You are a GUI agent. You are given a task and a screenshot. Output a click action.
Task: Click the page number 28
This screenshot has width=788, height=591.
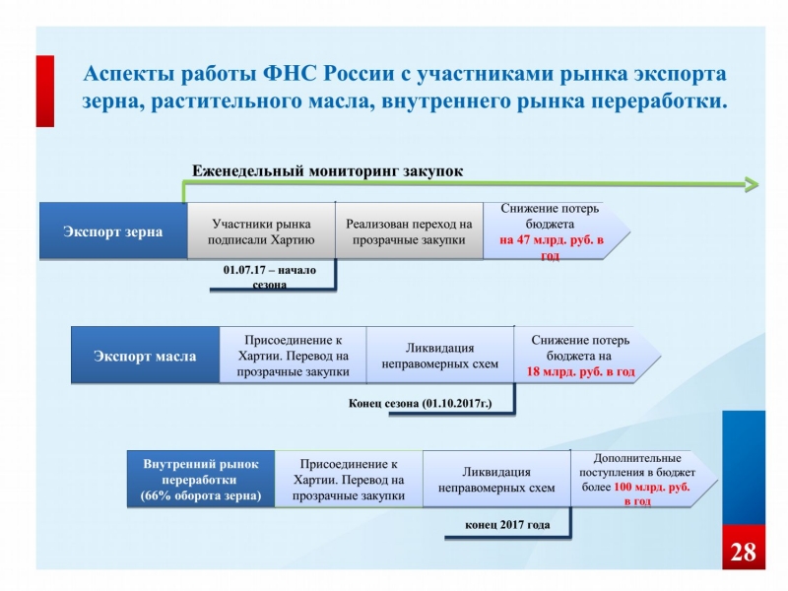coord(744,552)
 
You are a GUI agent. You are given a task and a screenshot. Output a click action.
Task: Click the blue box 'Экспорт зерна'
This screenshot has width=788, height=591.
coord(113,231)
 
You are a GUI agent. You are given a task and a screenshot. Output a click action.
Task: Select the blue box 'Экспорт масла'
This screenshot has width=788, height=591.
coord(145,357)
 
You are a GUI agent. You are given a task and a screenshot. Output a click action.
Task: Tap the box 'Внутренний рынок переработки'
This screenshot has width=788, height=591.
coord(201,480)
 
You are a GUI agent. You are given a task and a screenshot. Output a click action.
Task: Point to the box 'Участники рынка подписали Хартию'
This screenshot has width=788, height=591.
coord(261,231)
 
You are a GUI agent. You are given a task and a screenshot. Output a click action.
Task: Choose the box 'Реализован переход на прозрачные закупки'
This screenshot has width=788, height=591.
coord(409,231)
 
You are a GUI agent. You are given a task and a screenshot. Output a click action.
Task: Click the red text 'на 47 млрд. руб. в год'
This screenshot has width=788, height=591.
coord(551,247)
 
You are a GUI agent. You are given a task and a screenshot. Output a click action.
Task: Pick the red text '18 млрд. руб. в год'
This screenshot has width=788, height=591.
coord(581,372)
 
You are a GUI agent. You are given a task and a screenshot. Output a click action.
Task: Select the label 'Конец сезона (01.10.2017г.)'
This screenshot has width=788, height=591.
coord(420,403)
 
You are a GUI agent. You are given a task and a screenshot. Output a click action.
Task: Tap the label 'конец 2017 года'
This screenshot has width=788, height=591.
coord(508,525)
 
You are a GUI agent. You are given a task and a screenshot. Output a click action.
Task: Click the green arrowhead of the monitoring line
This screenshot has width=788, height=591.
coord(752,184)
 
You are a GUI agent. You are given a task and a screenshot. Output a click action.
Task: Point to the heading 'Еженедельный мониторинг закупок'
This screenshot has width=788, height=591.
coord(326,170)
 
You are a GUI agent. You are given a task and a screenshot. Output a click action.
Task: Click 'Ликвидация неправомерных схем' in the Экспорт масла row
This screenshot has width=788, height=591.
coord(439,356)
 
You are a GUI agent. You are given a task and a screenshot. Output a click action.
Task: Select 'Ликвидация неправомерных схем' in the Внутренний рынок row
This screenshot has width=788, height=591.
coord(496,480)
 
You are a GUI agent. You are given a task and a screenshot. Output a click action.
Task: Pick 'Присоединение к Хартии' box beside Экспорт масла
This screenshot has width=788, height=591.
coord(293,356)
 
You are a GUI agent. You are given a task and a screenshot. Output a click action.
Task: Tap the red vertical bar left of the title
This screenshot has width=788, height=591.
coord(45,91)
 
